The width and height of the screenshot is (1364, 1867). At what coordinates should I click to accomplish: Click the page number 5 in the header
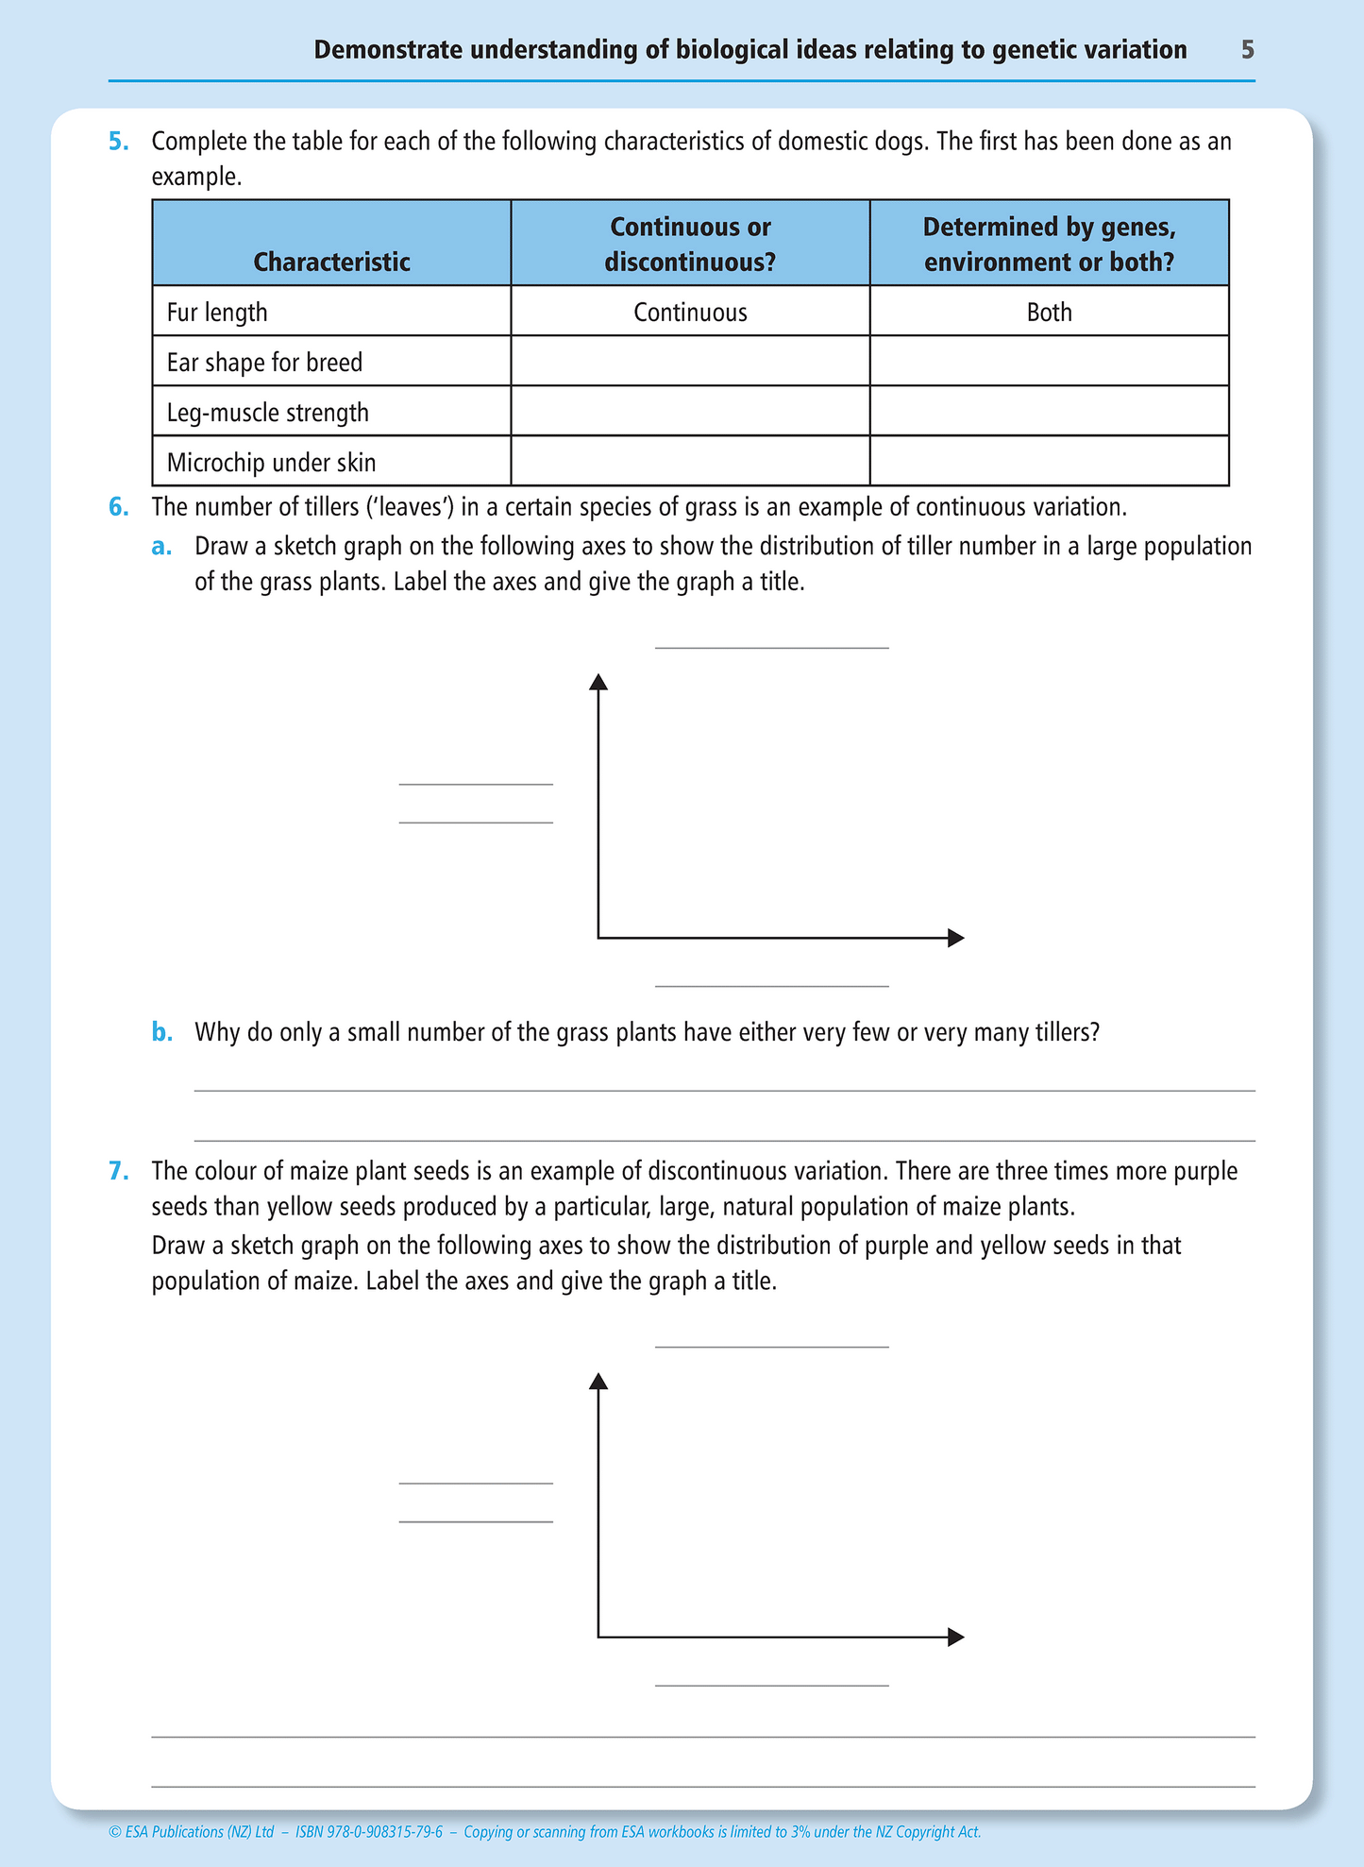tap(1247, 50)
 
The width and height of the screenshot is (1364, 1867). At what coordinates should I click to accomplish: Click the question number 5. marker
tap(118, 142)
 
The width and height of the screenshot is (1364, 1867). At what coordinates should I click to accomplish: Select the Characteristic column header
tap(331, 262)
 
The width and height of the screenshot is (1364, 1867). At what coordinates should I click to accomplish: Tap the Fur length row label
tap(217, 313)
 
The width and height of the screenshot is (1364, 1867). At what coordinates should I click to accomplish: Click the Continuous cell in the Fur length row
tap(690, 313)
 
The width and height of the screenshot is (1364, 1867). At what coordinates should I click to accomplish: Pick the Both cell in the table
tap(1049, 313)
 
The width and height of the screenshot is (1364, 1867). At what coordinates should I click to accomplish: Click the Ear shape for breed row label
tap(264, 363)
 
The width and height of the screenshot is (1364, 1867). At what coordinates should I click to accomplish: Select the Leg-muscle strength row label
tap(267, 413)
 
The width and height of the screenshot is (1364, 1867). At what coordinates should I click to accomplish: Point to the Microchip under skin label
tap(271, 463)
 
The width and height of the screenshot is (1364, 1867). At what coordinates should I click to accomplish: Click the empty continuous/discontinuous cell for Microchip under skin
tap(690, 462)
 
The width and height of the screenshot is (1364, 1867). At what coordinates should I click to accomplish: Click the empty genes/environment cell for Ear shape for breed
tap(1049, 362)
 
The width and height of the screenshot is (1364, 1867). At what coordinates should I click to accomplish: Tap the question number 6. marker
tap(118, 507)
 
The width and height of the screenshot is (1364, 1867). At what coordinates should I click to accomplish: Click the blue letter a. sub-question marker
tap(161, 547)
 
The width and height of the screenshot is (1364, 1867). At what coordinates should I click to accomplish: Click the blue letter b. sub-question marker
tap(161, 1032)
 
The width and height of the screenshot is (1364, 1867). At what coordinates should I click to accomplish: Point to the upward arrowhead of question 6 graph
tap(598, 681)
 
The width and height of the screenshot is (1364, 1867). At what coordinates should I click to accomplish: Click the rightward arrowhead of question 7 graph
tap(955, 1637)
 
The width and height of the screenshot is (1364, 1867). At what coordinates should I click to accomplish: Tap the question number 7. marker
tap(118, 1171)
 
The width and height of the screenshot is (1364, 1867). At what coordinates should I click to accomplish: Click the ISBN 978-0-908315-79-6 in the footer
tap(368, 1832)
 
